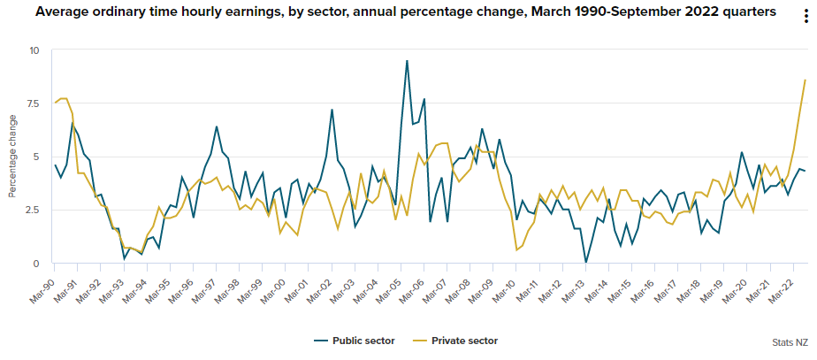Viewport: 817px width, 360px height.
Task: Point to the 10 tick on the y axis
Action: point(34,50)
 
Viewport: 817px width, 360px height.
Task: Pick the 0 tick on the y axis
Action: point(36,264)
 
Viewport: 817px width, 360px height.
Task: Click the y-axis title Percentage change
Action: point(12,157)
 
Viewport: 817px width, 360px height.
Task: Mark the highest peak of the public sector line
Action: point(407,61)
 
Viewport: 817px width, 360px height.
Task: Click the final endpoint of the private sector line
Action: point(805,80)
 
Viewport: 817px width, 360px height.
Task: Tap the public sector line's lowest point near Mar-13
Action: point(585,263)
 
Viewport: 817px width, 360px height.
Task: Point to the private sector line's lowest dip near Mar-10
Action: point(516,250)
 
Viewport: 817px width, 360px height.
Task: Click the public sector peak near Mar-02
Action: point(332,110)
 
